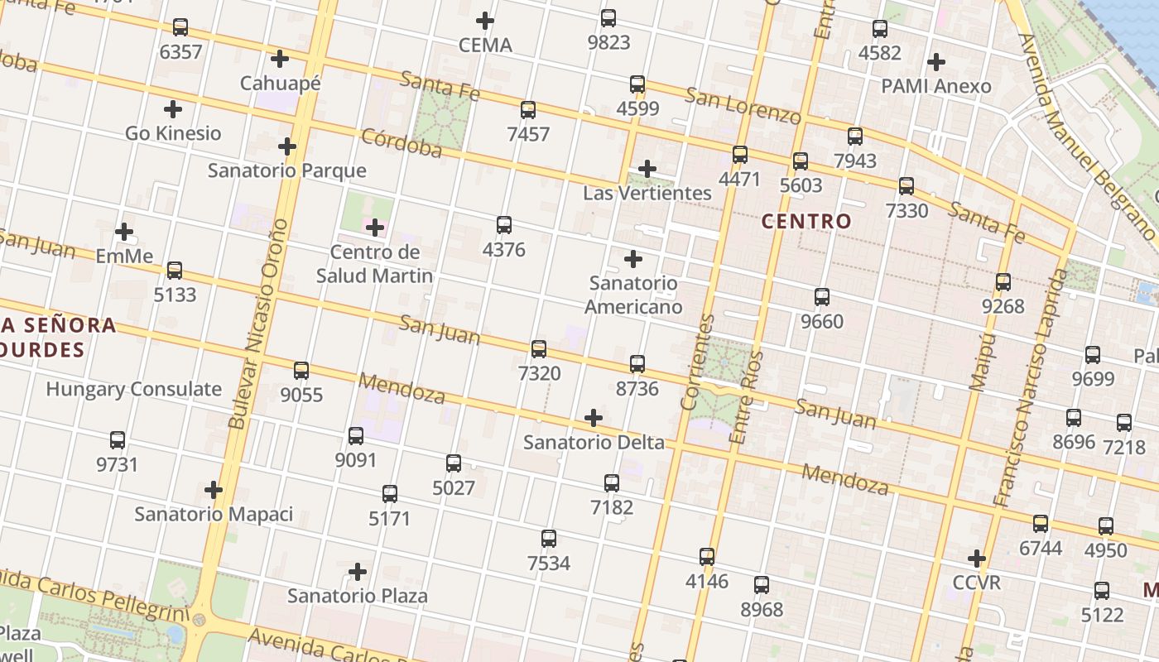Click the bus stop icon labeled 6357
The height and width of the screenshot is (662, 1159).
coord(180,27)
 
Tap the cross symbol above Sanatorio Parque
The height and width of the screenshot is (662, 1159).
coord(287,146)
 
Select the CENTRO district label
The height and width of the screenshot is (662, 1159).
coord(806,221)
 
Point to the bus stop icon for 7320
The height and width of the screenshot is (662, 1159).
coord(539,348)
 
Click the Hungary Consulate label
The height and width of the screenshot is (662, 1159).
coord(134,389)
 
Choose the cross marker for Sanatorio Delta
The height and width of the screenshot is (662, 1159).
coord(594,418)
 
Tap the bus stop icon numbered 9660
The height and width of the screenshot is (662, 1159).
coord(822,296)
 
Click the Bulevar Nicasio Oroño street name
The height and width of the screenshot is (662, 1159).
coord(259,323)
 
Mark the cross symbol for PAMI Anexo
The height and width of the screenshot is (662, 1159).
coord(936,62)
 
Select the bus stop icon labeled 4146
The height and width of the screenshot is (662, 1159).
coord(707,556)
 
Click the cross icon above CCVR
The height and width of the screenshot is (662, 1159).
coord(977,559)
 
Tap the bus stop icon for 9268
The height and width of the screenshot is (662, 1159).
coord(1003,282)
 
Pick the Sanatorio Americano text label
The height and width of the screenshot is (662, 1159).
coord(633,295)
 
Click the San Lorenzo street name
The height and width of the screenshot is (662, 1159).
coord(742,105)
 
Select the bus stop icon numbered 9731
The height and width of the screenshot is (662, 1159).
coord(118,440)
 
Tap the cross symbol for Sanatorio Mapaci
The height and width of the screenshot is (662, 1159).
coord(214,490)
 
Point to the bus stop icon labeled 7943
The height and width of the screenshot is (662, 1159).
coord(855,137)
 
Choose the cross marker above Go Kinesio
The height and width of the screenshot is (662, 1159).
coord(173,108)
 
